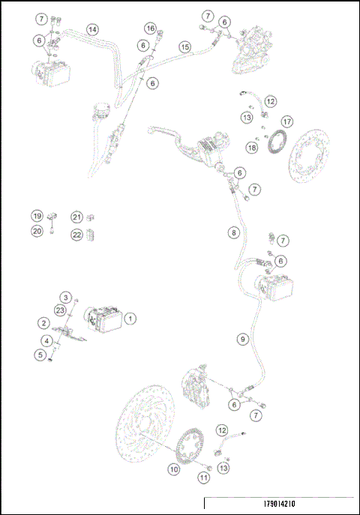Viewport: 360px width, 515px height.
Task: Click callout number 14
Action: point(91,30)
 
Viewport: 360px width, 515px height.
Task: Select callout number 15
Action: point(185,46)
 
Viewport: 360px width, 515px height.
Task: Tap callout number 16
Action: point(151,28)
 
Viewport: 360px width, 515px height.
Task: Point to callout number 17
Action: point(286,121)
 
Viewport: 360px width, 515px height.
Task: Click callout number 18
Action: point(252,148)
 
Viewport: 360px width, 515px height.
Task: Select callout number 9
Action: point(241,340)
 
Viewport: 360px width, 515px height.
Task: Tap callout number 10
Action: point(173,469)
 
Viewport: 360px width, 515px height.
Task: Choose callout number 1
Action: point(130,319)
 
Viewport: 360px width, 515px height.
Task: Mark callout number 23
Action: point(59,310)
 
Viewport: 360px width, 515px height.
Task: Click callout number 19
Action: point(37,217)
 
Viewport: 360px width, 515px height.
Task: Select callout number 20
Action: point(37,232)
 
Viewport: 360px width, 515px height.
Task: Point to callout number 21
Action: point(76,217)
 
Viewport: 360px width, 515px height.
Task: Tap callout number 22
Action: point(76,235)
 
